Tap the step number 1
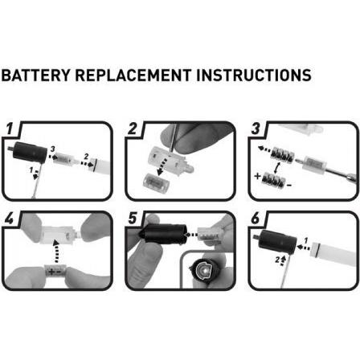10,129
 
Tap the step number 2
133,129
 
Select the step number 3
256,129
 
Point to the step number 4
10,219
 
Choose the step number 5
133,219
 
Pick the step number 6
256,219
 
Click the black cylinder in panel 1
32,151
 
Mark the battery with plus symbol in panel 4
60,271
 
